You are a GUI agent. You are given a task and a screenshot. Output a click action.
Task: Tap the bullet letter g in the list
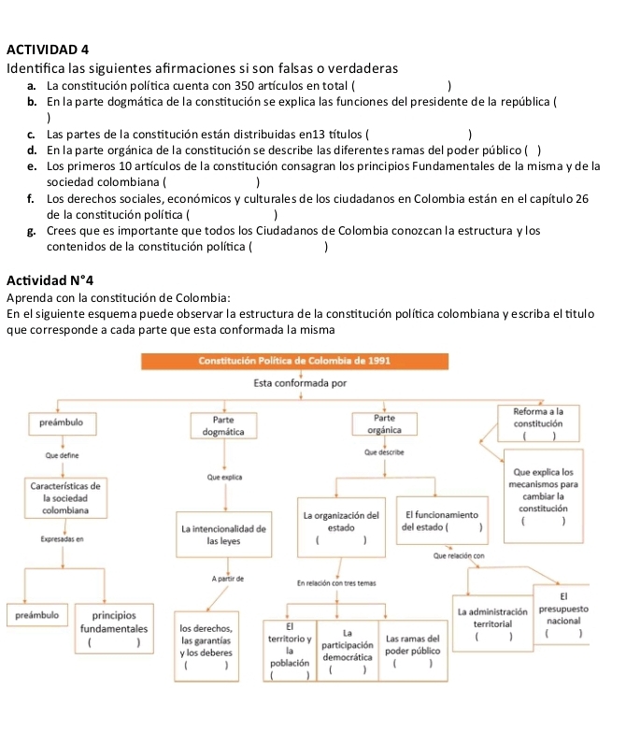[33, 230]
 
